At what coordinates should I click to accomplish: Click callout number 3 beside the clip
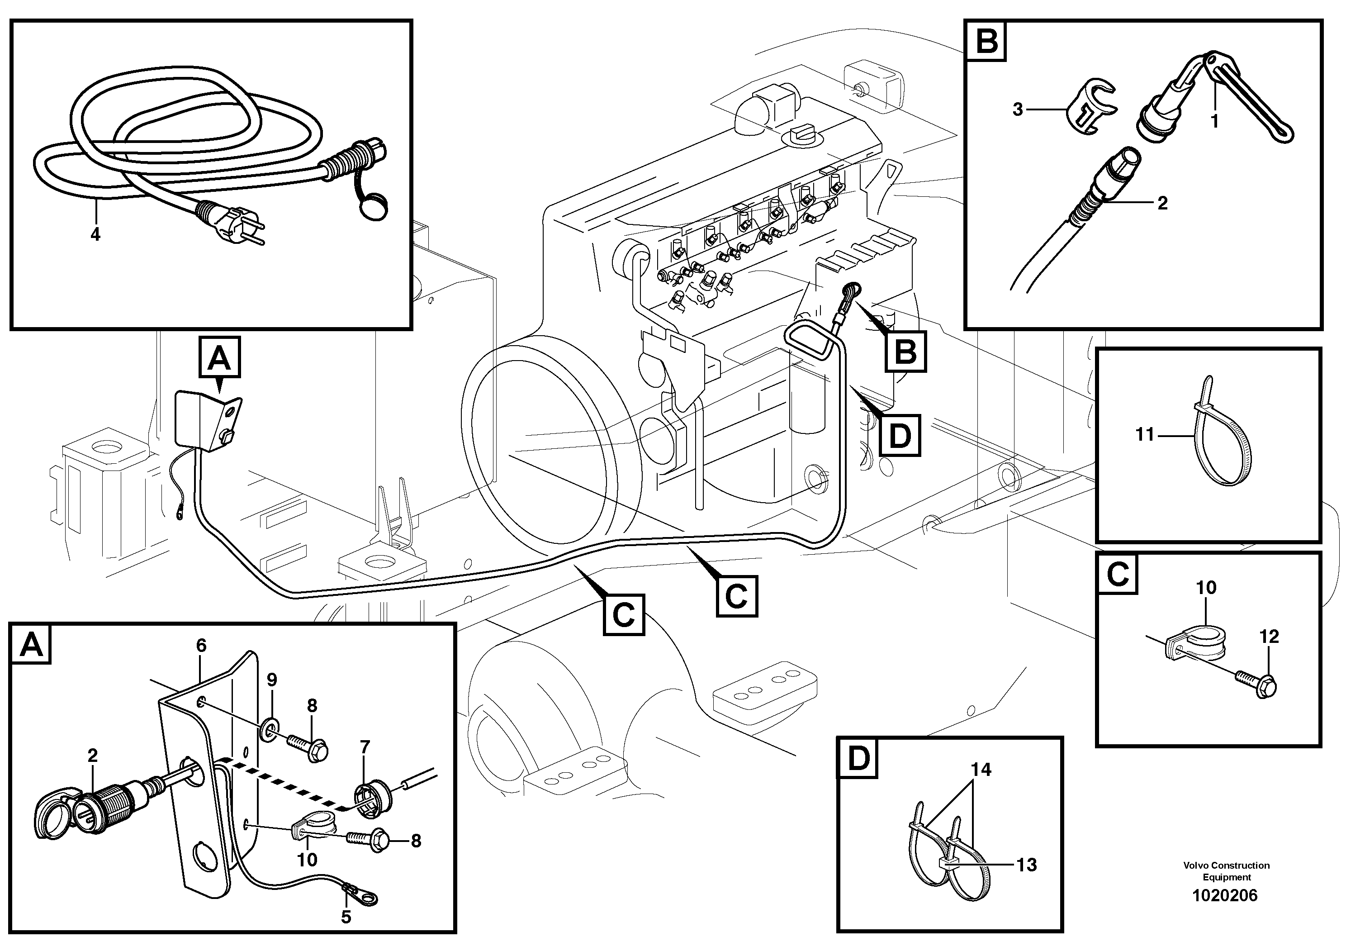point(1018,109)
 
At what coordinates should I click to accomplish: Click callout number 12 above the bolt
point(1269,636)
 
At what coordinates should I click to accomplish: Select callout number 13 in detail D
point(1027,865)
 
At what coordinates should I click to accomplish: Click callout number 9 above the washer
point(271,680)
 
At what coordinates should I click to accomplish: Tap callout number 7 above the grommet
point(365,747)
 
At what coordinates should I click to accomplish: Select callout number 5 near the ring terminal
point(346,917)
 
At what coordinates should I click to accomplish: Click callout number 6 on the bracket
point(201,646)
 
